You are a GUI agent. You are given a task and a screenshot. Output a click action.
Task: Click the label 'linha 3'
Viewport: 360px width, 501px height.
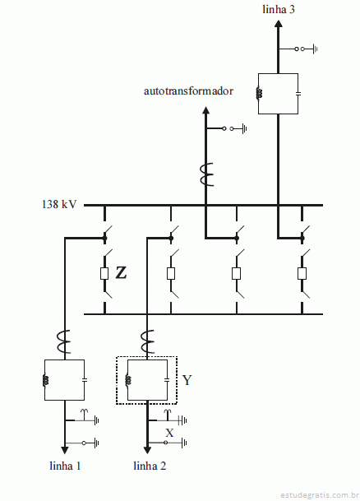pyautogui.click(x=279, y=9)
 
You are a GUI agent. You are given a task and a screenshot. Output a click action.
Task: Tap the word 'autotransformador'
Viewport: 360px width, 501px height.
pyautogui.click(x=188, y=91)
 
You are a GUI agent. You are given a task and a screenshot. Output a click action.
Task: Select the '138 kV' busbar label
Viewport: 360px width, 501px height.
pyautogui.click(x=59, y=204)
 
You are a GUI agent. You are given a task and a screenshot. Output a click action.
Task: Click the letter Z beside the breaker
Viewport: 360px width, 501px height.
pyautogui.click(x=121, y=273)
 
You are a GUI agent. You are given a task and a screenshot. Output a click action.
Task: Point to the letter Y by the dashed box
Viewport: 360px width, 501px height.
pyautogui.click(x=187, y=380)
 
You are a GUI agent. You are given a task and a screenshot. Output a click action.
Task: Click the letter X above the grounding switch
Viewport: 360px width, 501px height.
pyautogui.click(x=169, y=433)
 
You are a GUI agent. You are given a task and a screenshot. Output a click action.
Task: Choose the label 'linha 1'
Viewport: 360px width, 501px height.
pyautogui.click(x=65, y=466)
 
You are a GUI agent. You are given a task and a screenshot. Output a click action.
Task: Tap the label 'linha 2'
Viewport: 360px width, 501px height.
pyautogui.click(x=150, y=466)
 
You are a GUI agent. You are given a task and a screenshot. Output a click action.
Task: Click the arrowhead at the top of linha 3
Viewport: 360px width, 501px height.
pyautogui.click(x=279, y=24)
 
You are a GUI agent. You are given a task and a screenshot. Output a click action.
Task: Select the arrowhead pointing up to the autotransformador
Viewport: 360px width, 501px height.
pyautogui.click(x=205, y=110)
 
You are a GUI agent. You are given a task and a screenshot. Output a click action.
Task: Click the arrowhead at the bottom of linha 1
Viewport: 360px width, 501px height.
pyautogui.click(x=65, y=450)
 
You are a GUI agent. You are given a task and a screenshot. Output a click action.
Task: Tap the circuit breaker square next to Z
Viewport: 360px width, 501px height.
pyautogui.click(x=104, y=273)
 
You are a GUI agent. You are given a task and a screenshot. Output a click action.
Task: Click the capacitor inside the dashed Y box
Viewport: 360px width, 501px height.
pyautogui.click(x=167, y=380)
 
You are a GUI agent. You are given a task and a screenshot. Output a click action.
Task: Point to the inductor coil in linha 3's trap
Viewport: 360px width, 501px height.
pyautogui.click(x=259, y=93)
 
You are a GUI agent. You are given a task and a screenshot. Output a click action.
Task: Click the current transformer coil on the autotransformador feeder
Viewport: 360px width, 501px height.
pyautogui.click(x=206, y=174)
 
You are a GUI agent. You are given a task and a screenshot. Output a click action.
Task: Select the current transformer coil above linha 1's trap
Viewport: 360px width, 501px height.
pyautogui.click(x=64, y=341)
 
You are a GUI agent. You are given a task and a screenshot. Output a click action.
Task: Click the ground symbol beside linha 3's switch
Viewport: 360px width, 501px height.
pyautogui.click(x=315, y=49)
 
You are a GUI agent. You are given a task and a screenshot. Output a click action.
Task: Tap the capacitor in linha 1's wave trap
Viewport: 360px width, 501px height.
pyautogui.click(x=85, y=380)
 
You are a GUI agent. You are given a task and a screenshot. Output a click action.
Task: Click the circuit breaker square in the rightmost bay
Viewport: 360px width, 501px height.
pyautogui.click(x=302, y=273)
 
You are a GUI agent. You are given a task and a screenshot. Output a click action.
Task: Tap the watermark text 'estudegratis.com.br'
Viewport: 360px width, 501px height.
pyautogui.click(x=319, y=495)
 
